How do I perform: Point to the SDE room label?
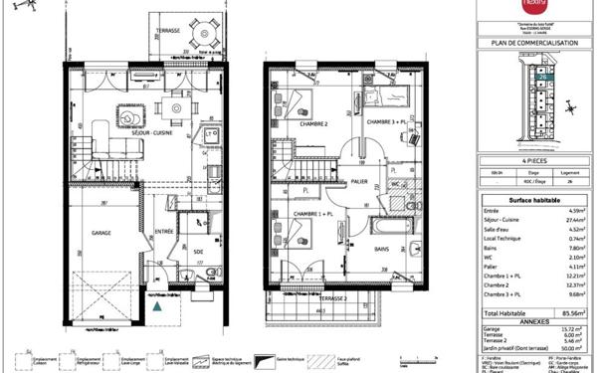tap(199, 253)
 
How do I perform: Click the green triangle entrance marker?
tap(157, 308)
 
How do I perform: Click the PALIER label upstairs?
tap(358, 182)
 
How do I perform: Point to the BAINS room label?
tap(382, 251)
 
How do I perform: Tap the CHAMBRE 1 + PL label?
tap(305, 214)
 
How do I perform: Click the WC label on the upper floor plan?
tap(395, 185)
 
